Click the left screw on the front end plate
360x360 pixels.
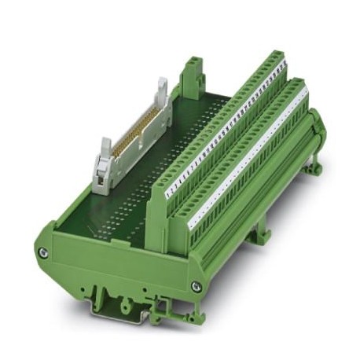click(43, 252)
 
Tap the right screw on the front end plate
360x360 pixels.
click(196, 287)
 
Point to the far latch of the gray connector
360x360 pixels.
click(162, 92)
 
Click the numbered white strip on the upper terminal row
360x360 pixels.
click(228, 130)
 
